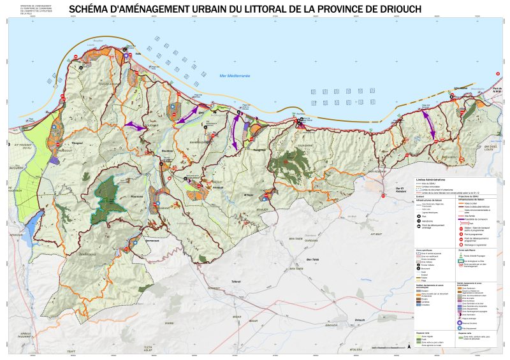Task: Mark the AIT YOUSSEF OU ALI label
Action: point(25,145)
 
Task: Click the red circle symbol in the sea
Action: point(497,73)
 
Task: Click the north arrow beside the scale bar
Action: point(409,346)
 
